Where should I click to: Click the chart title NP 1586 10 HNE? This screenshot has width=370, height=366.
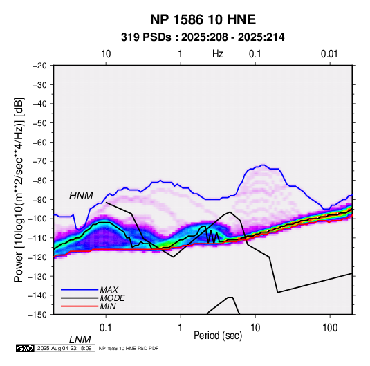tap(203, 19)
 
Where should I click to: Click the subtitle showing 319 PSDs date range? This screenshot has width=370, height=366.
tap(203, 37)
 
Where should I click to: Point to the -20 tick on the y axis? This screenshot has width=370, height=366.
tap(39, 66)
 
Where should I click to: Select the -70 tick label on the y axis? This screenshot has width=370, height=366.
tap(39, 161)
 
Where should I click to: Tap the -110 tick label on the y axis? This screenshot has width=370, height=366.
tap(37, 238)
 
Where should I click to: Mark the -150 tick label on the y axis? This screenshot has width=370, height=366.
tap(37, 315)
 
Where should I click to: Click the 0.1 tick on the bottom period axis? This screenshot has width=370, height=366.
tap(106, 328)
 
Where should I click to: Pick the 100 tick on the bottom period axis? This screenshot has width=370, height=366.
tap(330, 328)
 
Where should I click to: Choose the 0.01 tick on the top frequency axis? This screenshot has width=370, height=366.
tap(329, 54)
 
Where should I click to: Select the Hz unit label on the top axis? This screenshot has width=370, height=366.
tap(218, 54)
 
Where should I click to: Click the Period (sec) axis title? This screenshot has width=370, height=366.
tap(218, 336)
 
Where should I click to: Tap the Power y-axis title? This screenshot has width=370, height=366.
tap(19, 190)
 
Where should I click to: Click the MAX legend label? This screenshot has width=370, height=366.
tap(109, 289)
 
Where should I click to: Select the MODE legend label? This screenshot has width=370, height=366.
tap(112, 298)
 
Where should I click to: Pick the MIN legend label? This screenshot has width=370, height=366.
tap(108, 306)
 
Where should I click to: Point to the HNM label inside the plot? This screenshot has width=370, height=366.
tap(81, 196)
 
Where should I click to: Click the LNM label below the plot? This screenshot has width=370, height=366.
tap(80, 340)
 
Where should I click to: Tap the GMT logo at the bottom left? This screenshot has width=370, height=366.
tap(25, 348)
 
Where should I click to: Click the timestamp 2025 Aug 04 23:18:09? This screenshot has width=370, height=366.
tap(64, 348)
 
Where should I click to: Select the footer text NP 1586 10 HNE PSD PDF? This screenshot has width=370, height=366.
tap(129, 348)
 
